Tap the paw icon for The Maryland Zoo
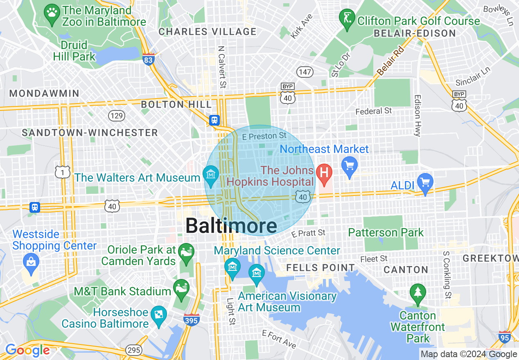(52, 13)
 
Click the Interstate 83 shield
(149, 59)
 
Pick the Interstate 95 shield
(505, 337)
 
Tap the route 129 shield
(117, 116)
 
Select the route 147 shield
(305, 72)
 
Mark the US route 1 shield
(63, 172)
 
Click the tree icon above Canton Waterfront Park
(417, 292)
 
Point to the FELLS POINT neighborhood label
(320, 268)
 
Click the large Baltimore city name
(231, 226)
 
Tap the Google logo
(27, 350)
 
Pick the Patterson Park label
(386, 233)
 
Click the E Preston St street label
(264, 136)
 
